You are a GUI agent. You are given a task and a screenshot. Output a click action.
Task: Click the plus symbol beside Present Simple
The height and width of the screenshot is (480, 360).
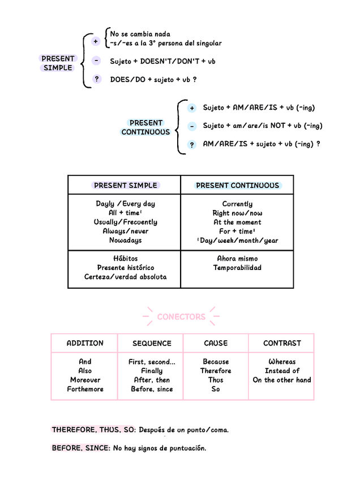coord(96,41)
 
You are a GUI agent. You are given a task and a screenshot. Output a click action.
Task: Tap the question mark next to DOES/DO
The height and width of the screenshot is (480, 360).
coord(96,79)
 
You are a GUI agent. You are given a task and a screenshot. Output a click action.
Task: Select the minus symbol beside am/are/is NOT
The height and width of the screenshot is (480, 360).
coord(192,126)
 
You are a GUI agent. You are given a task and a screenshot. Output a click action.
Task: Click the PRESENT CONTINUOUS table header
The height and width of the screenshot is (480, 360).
coord(237,185)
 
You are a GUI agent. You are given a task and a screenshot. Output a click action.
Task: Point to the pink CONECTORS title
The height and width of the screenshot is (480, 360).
coord(181,316)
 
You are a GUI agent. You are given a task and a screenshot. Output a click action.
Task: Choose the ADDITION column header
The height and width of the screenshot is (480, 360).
coord(85,343)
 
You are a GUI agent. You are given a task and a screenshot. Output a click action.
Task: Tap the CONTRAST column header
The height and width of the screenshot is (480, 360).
coord(282,343)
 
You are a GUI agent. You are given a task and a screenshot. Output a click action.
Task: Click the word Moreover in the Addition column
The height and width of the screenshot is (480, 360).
coord(85,380)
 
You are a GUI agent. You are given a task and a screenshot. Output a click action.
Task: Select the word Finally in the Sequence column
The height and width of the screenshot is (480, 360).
coord(152,371)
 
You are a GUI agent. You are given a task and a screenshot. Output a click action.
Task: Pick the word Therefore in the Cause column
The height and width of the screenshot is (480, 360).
coord(216,371)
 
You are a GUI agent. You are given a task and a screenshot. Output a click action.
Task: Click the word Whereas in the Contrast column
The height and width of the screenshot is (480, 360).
coord(282,362)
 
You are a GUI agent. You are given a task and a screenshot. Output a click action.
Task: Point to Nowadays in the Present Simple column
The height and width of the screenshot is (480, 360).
coord(125,241)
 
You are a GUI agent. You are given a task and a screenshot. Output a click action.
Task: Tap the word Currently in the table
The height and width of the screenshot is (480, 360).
coord(237,204)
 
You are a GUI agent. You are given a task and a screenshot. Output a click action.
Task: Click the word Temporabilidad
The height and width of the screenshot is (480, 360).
coord(237,268)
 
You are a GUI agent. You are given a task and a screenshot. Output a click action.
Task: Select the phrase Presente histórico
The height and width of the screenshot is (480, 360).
coord(125,268)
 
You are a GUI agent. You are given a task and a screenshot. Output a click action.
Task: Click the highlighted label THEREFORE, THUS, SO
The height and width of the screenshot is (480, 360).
coord(93,430)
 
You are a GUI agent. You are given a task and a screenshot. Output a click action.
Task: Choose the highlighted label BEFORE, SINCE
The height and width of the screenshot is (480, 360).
coord(81,448)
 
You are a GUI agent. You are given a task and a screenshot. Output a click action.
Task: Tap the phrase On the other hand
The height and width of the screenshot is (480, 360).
coord(282,380)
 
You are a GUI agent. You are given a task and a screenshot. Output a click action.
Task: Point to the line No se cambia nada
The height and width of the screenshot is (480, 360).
coord(140,34)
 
